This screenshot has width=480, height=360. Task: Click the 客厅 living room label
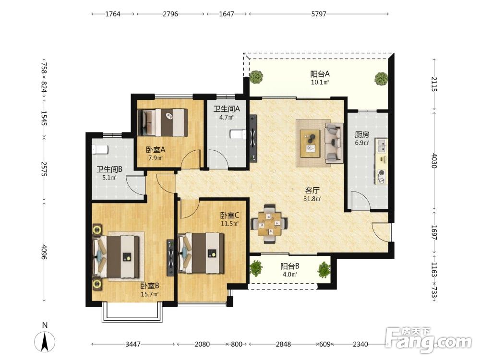point(312,191)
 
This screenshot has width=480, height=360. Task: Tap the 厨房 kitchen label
point(362,134)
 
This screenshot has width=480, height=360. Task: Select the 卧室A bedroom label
point(156,150)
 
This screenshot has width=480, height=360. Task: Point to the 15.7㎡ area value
point(150,294)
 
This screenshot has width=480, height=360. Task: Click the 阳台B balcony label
point(289,266)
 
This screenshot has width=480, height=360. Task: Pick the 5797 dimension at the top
point(319,14)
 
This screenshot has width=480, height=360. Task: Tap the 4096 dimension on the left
point(44,252)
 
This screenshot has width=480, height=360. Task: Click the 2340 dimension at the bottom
point(360,344)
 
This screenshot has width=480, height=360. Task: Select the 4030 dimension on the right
point(434,160)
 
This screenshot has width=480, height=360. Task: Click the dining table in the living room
point(269,224)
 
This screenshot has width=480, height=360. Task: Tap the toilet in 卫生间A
point(238,134)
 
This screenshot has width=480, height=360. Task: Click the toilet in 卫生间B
point(100,149)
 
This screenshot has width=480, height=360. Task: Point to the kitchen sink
point(382,145)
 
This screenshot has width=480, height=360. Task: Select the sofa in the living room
point(334,143)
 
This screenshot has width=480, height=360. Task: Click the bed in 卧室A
point(163,122)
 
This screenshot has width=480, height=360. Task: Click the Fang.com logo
point(428,340)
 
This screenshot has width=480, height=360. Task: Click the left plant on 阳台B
point(256,268)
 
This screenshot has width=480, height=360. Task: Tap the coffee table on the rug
point(311,143)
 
